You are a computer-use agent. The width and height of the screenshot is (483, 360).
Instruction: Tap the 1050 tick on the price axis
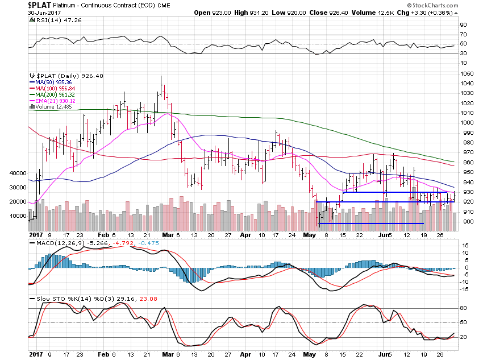point(467,74)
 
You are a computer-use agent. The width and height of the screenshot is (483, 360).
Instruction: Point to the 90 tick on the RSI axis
point(464,25)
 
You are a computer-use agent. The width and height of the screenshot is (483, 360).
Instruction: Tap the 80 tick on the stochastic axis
point(464,308)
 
